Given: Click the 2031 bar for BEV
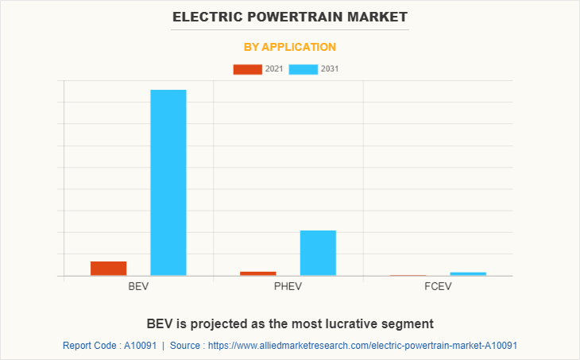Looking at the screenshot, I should coord(168,183).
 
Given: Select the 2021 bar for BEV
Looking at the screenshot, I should coord(108,269).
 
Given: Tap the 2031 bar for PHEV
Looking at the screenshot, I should coord(318,253).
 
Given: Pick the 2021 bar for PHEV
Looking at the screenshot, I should coord(257,273).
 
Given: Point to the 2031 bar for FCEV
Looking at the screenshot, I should coord(468,274).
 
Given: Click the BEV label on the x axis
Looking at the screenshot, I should coord(138,286).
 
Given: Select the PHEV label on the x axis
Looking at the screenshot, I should coord(288,286).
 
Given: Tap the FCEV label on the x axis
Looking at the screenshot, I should coord(438,286).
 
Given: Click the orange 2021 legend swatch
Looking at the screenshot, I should coord(247,69).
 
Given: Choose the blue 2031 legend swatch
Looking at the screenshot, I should coord(304,69).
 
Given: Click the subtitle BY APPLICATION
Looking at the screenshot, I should coord(290,47).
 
